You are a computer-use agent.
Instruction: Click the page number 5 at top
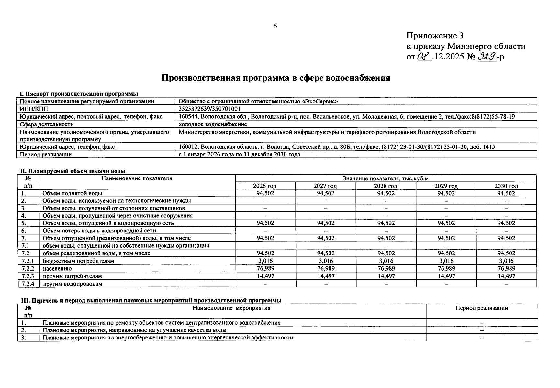tap(275, 26)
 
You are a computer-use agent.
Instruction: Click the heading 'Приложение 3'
tap(435, 36)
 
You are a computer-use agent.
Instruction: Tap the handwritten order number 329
tap(487, 57)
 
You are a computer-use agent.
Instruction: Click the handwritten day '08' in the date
tap(423, 57)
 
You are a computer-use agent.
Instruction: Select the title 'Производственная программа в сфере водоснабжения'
tap(276, 78)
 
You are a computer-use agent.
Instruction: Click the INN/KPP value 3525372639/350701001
tap(209, 109)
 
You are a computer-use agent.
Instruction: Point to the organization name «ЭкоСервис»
tap(320, 101)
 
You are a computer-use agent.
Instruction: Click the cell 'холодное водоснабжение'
tap(213, 124)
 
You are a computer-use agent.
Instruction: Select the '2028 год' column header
tap(386, 186)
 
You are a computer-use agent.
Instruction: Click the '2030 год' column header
tap(506, 186)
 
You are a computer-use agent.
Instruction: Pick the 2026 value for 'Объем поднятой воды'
tap(265, 193)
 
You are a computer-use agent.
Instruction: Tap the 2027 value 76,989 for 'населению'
tap(326, 268)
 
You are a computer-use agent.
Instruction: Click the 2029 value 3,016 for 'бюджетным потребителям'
tap(446, 261)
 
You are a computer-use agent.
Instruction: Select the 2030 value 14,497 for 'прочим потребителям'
tap(506, 276)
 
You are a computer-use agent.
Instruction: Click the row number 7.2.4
tap(28, 284)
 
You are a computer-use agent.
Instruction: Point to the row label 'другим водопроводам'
tap(72, 284)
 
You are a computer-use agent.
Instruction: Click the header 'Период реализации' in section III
tap(481, 308)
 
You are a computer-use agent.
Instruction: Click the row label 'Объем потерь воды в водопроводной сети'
tap(99, 231)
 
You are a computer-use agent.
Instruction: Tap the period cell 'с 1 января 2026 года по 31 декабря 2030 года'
tap(239, 155)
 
